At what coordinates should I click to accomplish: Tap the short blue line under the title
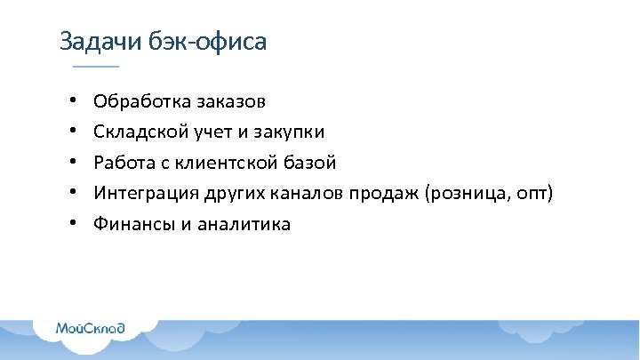(x=95, y=68)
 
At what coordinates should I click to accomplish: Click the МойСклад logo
(x=91, y=328)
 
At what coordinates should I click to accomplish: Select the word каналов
(x=308, y=194)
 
